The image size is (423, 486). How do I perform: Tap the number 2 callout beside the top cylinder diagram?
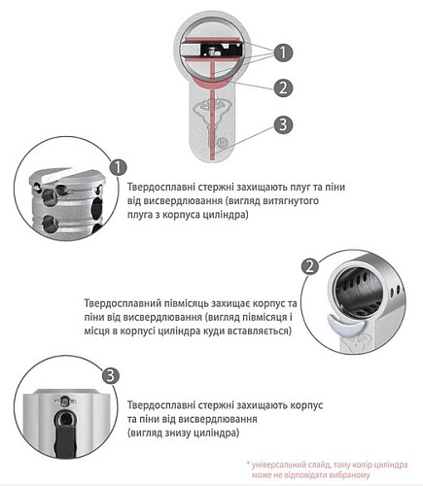280,87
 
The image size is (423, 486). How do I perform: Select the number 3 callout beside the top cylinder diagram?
280,123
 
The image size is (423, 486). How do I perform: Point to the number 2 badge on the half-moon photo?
307,265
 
